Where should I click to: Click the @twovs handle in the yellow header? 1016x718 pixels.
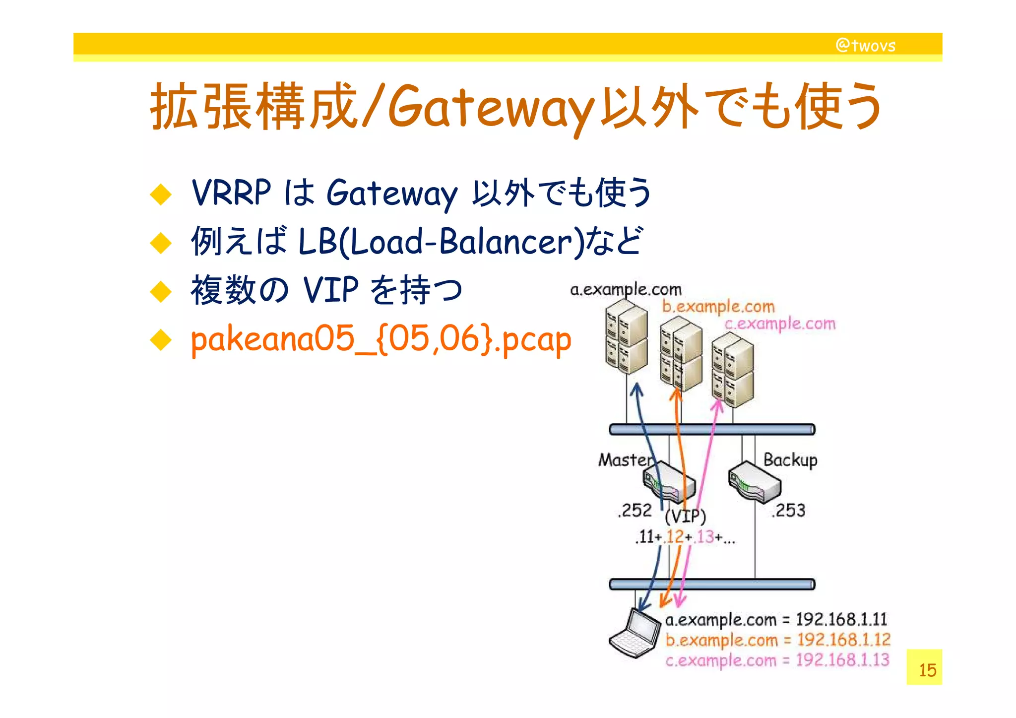coord(866,46)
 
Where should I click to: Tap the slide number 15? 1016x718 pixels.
coord(927,670)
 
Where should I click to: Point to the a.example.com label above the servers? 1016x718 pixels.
coord(626,289)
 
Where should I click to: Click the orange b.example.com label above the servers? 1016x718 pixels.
coord(718,307)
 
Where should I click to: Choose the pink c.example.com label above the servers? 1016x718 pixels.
coord(780,324)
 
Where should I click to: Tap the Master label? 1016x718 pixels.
coord(625,460)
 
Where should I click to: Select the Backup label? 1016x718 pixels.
coord(790,460)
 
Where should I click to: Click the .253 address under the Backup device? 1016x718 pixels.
coord(789,510)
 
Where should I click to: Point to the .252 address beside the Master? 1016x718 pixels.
coord(635,510)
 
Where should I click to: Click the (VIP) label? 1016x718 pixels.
coord(685,517)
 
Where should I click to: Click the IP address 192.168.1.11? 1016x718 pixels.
coord(841,619)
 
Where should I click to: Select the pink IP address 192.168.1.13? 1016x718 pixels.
coord(842,660)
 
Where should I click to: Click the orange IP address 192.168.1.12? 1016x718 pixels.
coord(843,640)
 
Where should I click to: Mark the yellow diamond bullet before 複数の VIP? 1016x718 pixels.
coord(161,291)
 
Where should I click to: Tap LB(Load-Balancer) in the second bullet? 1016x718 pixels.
coord(442,242)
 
